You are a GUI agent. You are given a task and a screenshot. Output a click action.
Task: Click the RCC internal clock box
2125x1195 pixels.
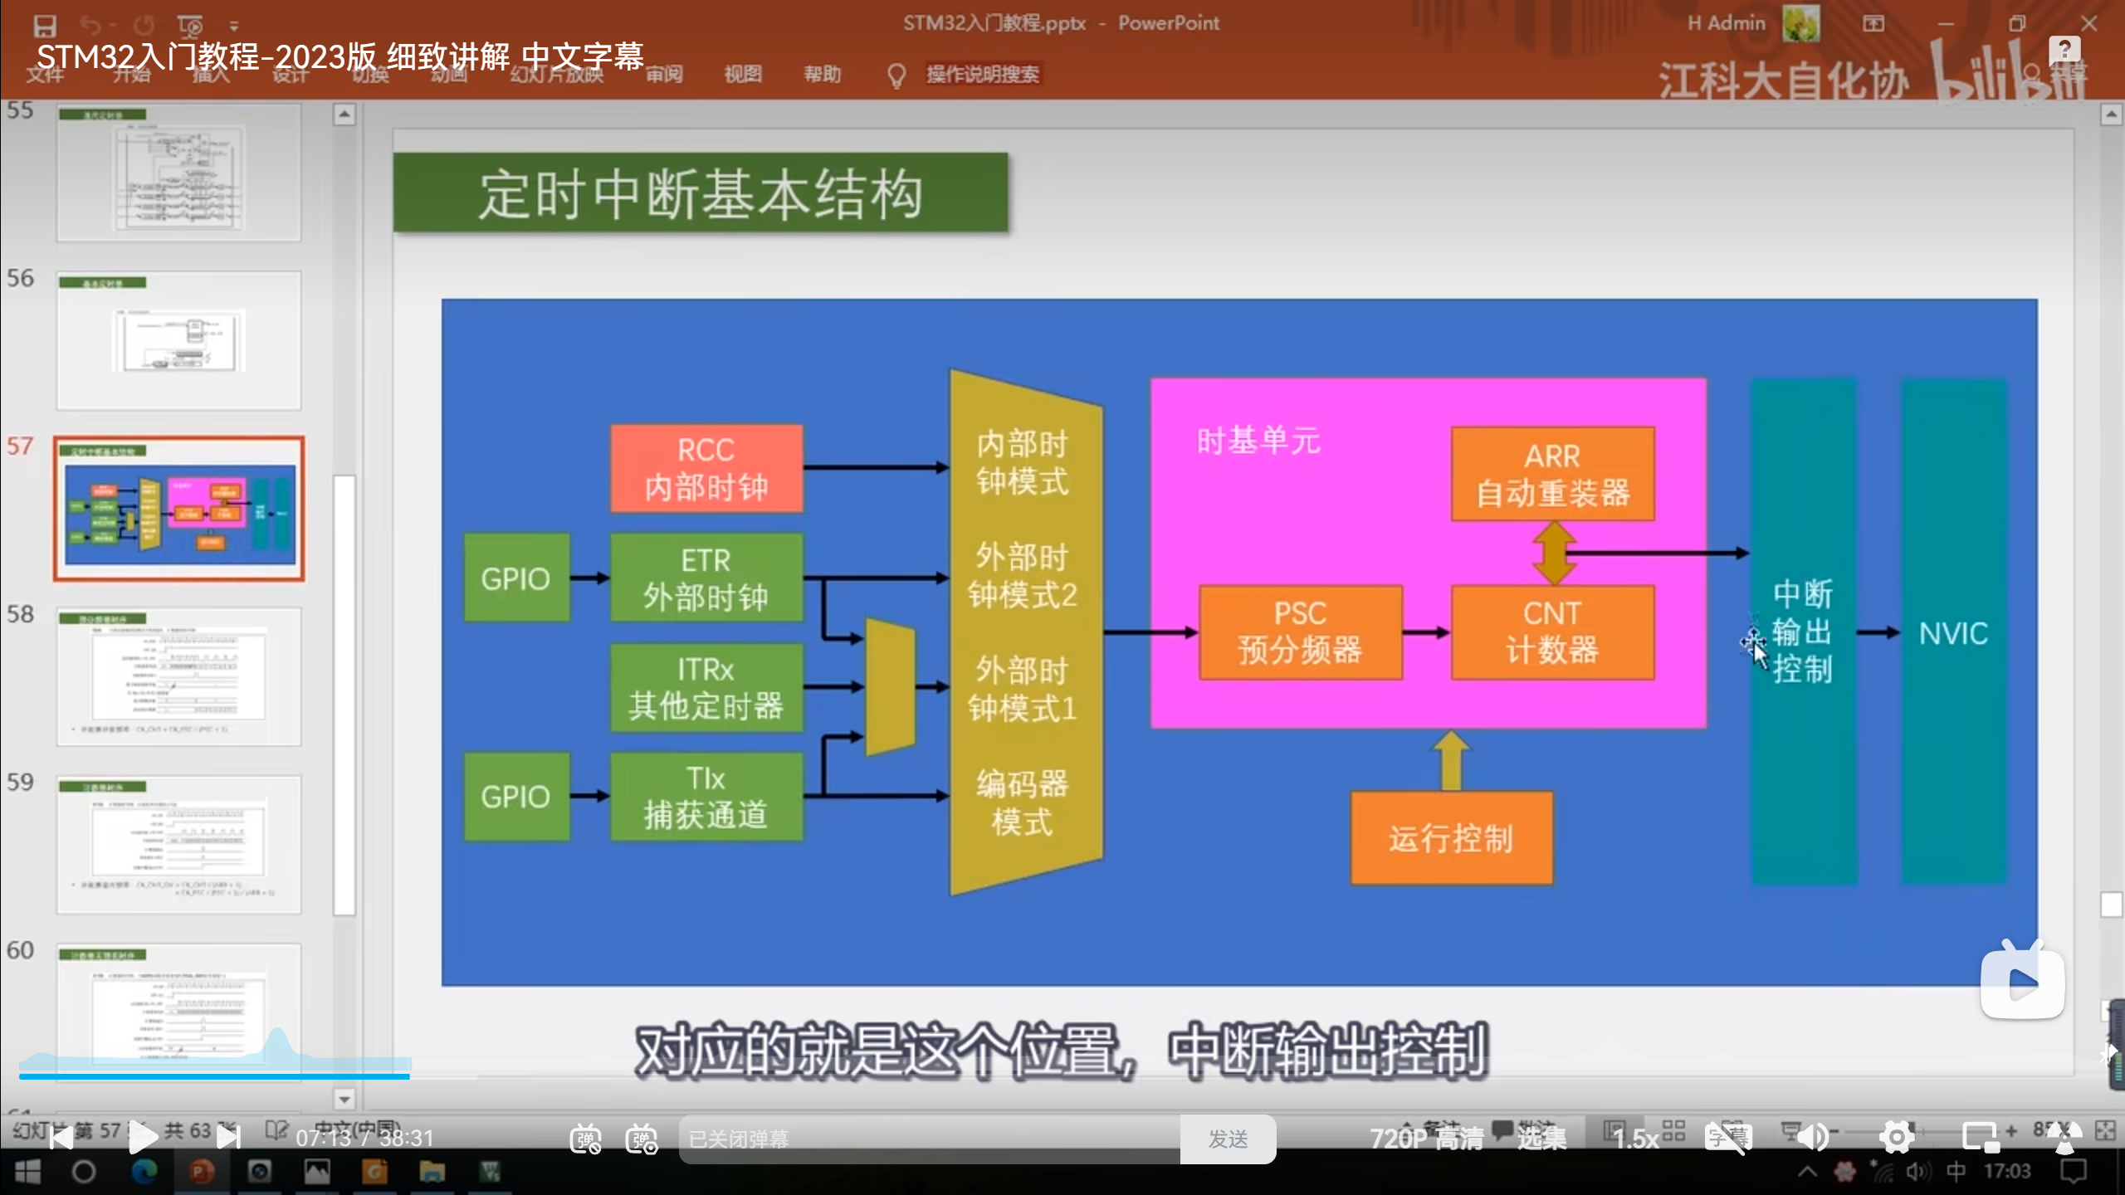pyautogui.click(x=706, y=468)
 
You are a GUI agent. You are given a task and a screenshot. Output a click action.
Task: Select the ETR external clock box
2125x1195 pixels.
pyautogui.click(x=706, y=578)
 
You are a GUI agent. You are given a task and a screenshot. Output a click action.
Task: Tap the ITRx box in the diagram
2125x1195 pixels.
pyautogui.click(x=706, y=687)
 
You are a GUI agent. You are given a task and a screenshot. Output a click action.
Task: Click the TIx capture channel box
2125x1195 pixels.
pyautogui.click(x=706, y=797)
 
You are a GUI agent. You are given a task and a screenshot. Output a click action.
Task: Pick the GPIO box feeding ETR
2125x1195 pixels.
pyautogui.click(x=515, y=578)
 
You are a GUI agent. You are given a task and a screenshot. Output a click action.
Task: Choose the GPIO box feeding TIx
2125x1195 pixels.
pyautogui.click(x=515, y=797)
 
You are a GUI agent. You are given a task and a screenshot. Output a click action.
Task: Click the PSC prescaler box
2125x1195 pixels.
pyautogui.click(x=1300, y=632)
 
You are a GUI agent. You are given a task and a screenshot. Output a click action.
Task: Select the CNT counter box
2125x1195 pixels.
pyautogui.click(x=1552, y=632)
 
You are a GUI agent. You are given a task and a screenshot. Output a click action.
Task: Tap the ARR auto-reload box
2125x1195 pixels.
pyautogui.click(x=1552, y=475)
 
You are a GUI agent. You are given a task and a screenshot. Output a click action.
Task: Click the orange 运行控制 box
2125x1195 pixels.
pyautogui.click(x=1451, y=838)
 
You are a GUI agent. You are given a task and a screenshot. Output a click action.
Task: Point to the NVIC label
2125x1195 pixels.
pyautogui.click(x=1953, y=634)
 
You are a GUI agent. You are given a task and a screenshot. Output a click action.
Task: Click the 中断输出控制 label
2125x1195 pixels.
pyautogui.click(x=1802, y=631)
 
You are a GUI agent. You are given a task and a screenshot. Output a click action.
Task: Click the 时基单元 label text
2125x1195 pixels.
pyautogui.click(x=1258, y=441)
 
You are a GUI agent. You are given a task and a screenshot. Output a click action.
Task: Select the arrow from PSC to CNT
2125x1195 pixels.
pyautogui.click(x=1426, y=632)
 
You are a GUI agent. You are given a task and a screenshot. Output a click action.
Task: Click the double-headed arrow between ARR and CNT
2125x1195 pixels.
pyautogui.click(x=1554, y=552)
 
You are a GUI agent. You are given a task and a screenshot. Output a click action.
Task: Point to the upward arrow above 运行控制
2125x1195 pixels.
pyautogui.click(x=1451, y=759)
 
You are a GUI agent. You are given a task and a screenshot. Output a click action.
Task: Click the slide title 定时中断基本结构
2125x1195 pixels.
pyautogui.click(x=701, y=194)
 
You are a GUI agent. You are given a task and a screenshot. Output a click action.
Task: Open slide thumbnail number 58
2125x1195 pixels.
pyautogui.click(x=178, y=676)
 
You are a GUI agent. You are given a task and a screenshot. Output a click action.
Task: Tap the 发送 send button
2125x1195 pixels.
pyautogui.click(x=1228, y=1139)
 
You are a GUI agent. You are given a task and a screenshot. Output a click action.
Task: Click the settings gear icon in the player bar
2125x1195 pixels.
pyautogui.click(x=1897, y=1137)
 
